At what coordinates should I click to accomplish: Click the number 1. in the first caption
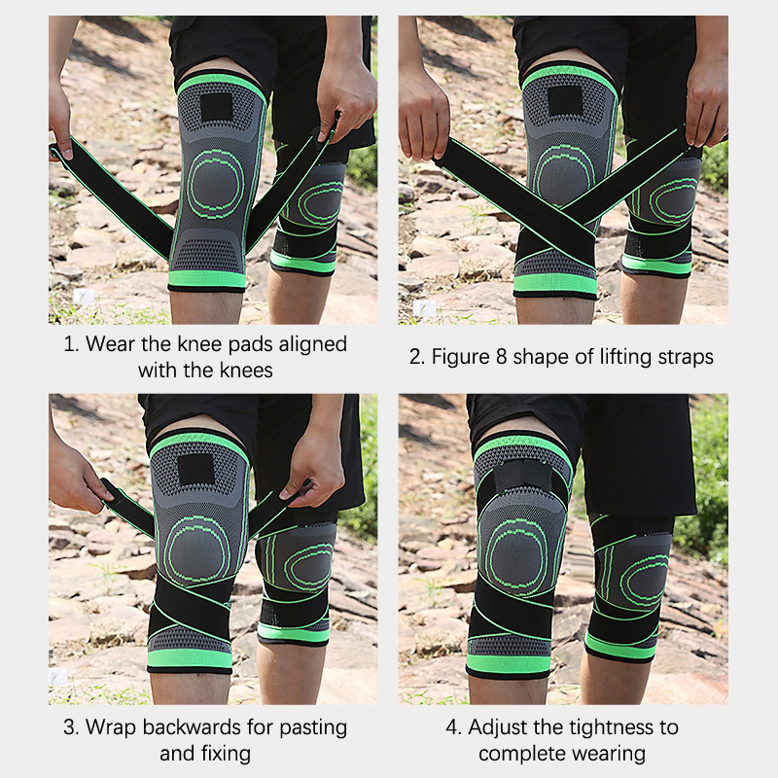click(x=71, y=344)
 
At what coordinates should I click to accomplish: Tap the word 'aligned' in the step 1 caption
click(x=312, y=344)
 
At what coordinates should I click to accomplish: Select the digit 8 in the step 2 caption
click(x=502, y=357)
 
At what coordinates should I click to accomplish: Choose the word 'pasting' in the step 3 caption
click(x=313, y=728)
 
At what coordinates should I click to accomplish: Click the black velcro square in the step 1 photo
click(x=217, y=107)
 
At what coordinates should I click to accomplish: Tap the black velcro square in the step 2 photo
click(x=565, y=101)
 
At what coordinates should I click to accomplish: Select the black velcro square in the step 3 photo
click(x=195, y=470)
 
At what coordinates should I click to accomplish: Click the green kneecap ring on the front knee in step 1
click(x=217, y=184)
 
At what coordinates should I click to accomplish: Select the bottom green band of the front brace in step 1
click(x=207, y=280)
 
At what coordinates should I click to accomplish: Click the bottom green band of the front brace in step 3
click(x=190, y=659)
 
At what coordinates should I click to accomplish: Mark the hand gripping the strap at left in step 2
click(x=424, y=119)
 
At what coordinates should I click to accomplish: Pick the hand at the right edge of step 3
click(x=311, y=467)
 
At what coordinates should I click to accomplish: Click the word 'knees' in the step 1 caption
click(x=246, y=371)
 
